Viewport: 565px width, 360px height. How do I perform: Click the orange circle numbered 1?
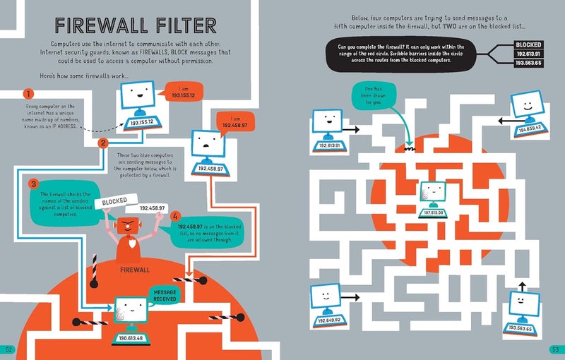[x=28, y=94]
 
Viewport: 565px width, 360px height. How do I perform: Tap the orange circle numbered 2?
[x=102, y=143]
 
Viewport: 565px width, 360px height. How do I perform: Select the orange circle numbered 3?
[x=32, y=184]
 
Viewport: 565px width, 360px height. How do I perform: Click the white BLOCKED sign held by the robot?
[x=114, y=201]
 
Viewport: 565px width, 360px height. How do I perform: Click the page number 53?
[x=555, y=349]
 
